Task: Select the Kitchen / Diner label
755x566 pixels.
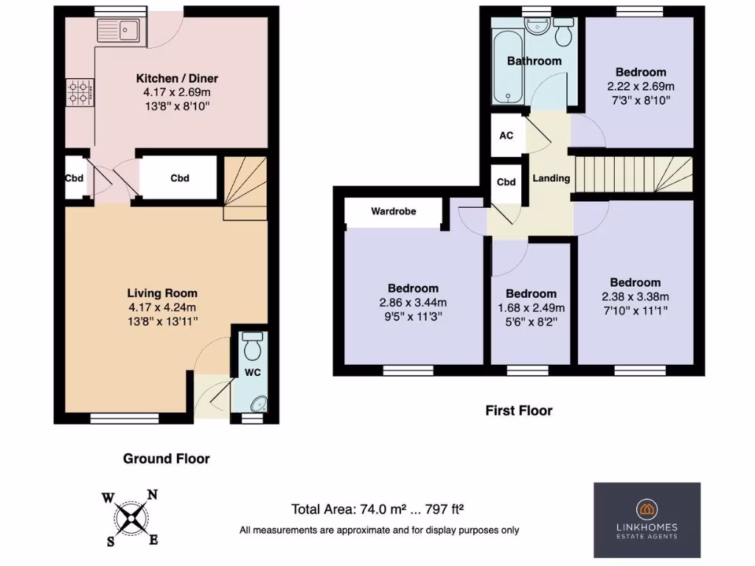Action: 177,79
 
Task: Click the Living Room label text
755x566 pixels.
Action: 162,293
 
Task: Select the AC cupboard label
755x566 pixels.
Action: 507,136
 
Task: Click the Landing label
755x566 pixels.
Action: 551,178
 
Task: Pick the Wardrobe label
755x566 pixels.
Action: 393,212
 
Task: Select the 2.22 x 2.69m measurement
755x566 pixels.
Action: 641,86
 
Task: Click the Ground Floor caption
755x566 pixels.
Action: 166,458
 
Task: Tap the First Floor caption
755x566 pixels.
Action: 518,410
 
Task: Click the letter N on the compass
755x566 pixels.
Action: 153,495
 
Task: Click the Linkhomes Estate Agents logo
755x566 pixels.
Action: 647,520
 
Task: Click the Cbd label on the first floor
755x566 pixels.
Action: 506,183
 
